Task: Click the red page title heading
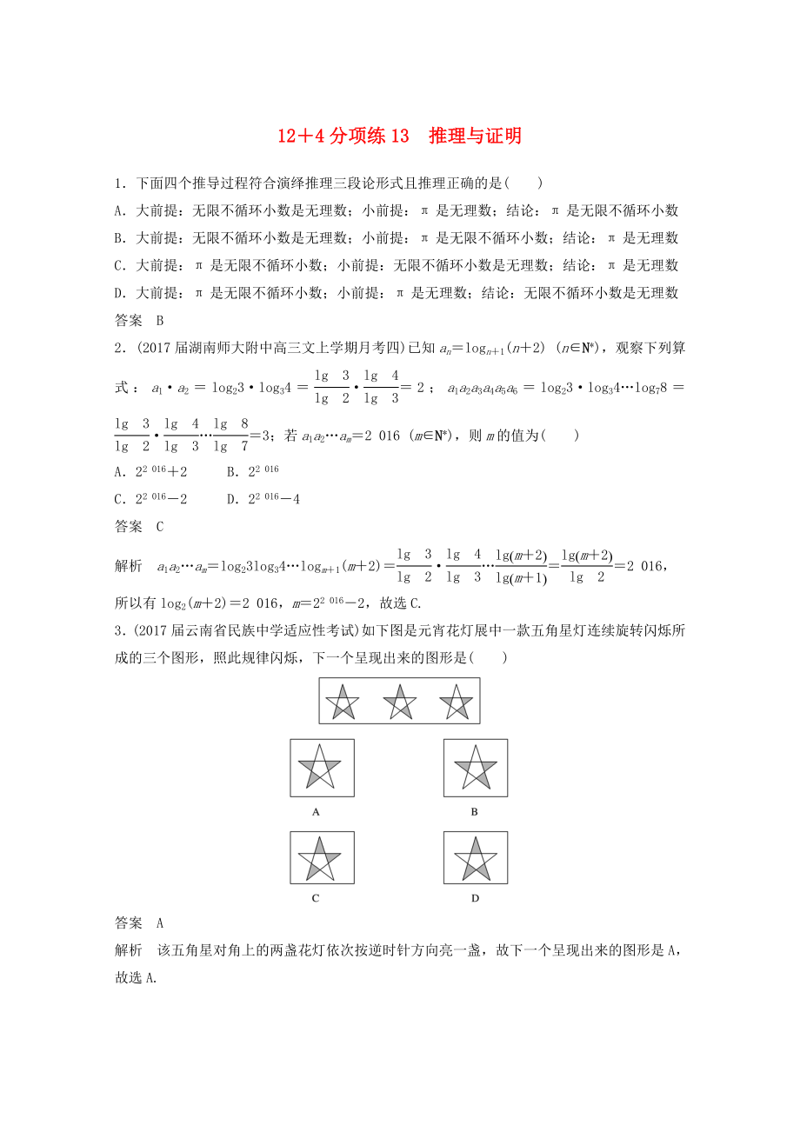coord(399,136)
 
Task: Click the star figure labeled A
coord(321,768)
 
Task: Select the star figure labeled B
coord(475,768)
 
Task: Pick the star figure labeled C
coord(321,857)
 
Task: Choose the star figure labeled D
coord(475,857)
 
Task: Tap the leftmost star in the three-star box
coord(343,701)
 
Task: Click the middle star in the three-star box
coord(399,701)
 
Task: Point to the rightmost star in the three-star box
coord(456,701)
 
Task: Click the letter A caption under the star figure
coord(316,811)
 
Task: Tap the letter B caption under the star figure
coord(475,811)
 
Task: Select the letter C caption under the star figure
coord(316,898)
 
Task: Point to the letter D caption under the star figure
coord(475,898)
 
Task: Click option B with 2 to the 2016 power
coord(252,471)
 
